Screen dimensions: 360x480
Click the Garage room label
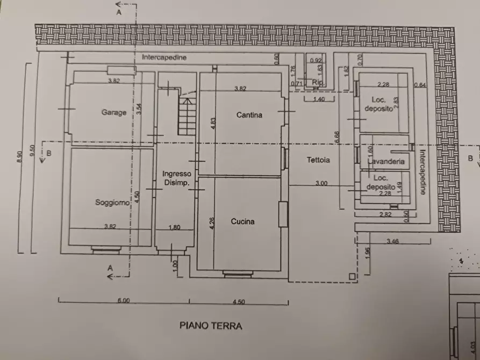tap(114, 113)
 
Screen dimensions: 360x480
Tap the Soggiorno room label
tap(112, 203)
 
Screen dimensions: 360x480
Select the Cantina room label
tap(249, 115)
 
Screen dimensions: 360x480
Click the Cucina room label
tap(242, 221)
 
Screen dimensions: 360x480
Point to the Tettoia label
tap(318, 160)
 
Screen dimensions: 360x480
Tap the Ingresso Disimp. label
tap(177, 178)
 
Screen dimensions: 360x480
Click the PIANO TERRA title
tap(211, 326)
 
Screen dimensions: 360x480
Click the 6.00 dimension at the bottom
tap(124, 301)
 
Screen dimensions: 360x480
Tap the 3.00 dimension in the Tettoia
tap(321, 184)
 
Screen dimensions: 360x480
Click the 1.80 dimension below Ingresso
tap(174, 227)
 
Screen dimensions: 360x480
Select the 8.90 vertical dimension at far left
tap(20, 156)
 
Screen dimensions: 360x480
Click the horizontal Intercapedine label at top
tap(161, 57)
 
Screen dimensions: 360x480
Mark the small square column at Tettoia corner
tap(352, 277)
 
